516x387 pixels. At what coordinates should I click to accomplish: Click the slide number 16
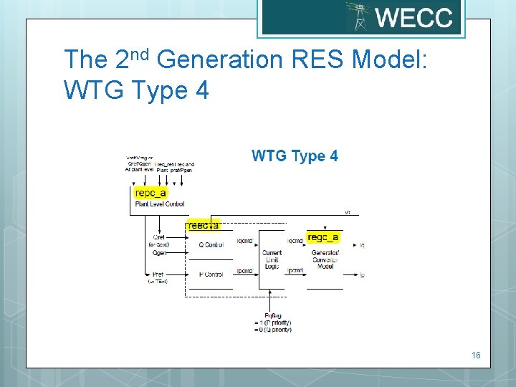(x=477, y=355)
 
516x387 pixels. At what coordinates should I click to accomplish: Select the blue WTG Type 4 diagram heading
(x=295, y=156)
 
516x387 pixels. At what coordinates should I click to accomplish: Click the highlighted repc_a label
(x=150, y=192)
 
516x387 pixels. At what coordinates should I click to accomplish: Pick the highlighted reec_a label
(x=204, y=225)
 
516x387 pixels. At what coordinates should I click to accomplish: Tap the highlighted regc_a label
(x=322, y=237)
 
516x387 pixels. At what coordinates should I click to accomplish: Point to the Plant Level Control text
(x=160, y=204)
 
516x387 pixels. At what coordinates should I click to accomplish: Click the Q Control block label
(x=211, y=245)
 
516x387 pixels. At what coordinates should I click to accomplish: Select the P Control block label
(x=211, y=274)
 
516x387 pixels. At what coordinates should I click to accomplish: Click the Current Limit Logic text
(x=272, y=259)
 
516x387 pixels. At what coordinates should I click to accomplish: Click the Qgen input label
(x=158, y=253)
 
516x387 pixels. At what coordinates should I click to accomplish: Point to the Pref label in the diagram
(x=158, y=274)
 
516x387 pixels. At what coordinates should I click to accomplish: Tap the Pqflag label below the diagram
(x=272, y=315)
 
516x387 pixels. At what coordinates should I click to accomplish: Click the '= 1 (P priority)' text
(x=272, y=322)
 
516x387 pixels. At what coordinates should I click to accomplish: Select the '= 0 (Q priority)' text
(x=272, y=330)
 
